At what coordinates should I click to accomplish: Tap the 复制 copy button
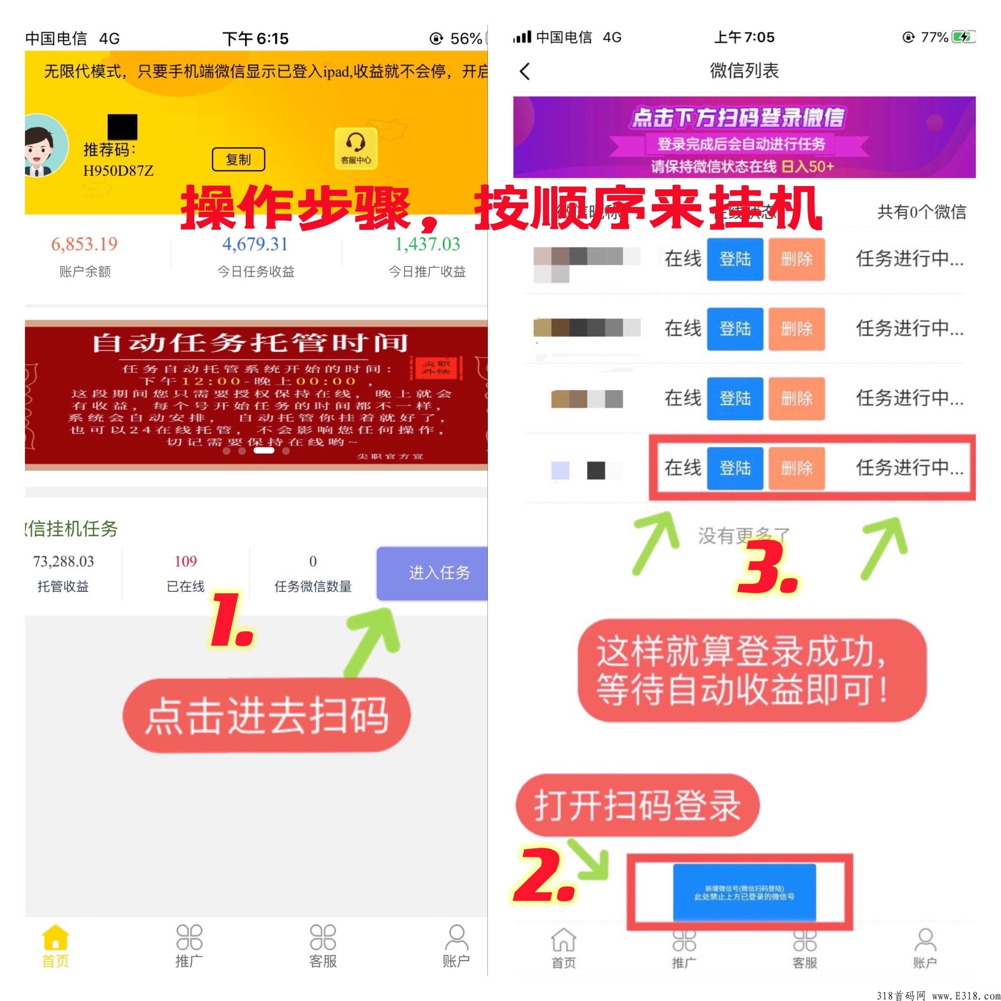pyautogui.click(x=238, y=159)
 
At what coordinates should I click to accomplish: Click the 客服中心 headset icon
pyautogui.click(x=355, y=148)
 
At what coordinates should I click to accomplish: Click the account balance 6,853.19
pyautogui.click(x=85, y=244)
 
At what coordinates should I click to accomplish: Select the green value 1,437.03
pyautogui.click(x=427, y=244)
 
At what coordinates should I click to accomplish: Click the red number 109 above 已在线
pyautogui.click(x=186, y=561)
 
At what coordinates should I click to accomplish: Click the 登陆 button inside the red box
pyautogui.click(x=735, y=468)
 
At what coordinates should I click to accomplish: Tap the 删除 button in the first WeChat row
pyautogui.click(x=797, y=259)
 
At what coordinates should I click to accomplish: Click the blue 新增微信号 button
pyautogui.click(x=744, y=893)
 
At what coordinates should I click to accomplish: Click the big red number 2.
pyautogui.click(x=544, y=875)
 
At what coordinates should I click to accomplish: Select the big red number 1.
pyautogui.click(x=231, y=619)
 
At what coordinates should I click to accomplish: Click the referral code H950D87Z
pyautogui.click(x=118, y=171)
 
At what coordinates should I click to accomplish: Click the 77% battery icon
pyautogui.click(x=964, y=37)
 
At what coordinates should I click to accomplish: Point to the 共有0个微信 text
pyautogui.click(x=921, y=212)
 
